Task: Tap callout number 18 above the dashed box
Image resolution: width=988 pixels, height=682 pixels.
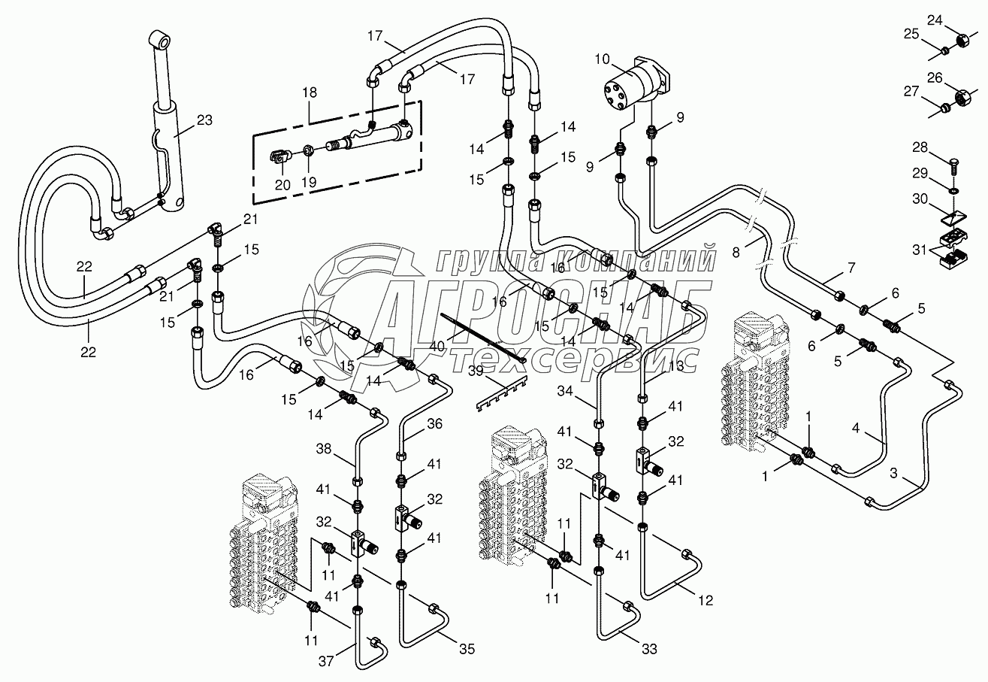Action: pyautogui.click(x=310, y=92)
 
